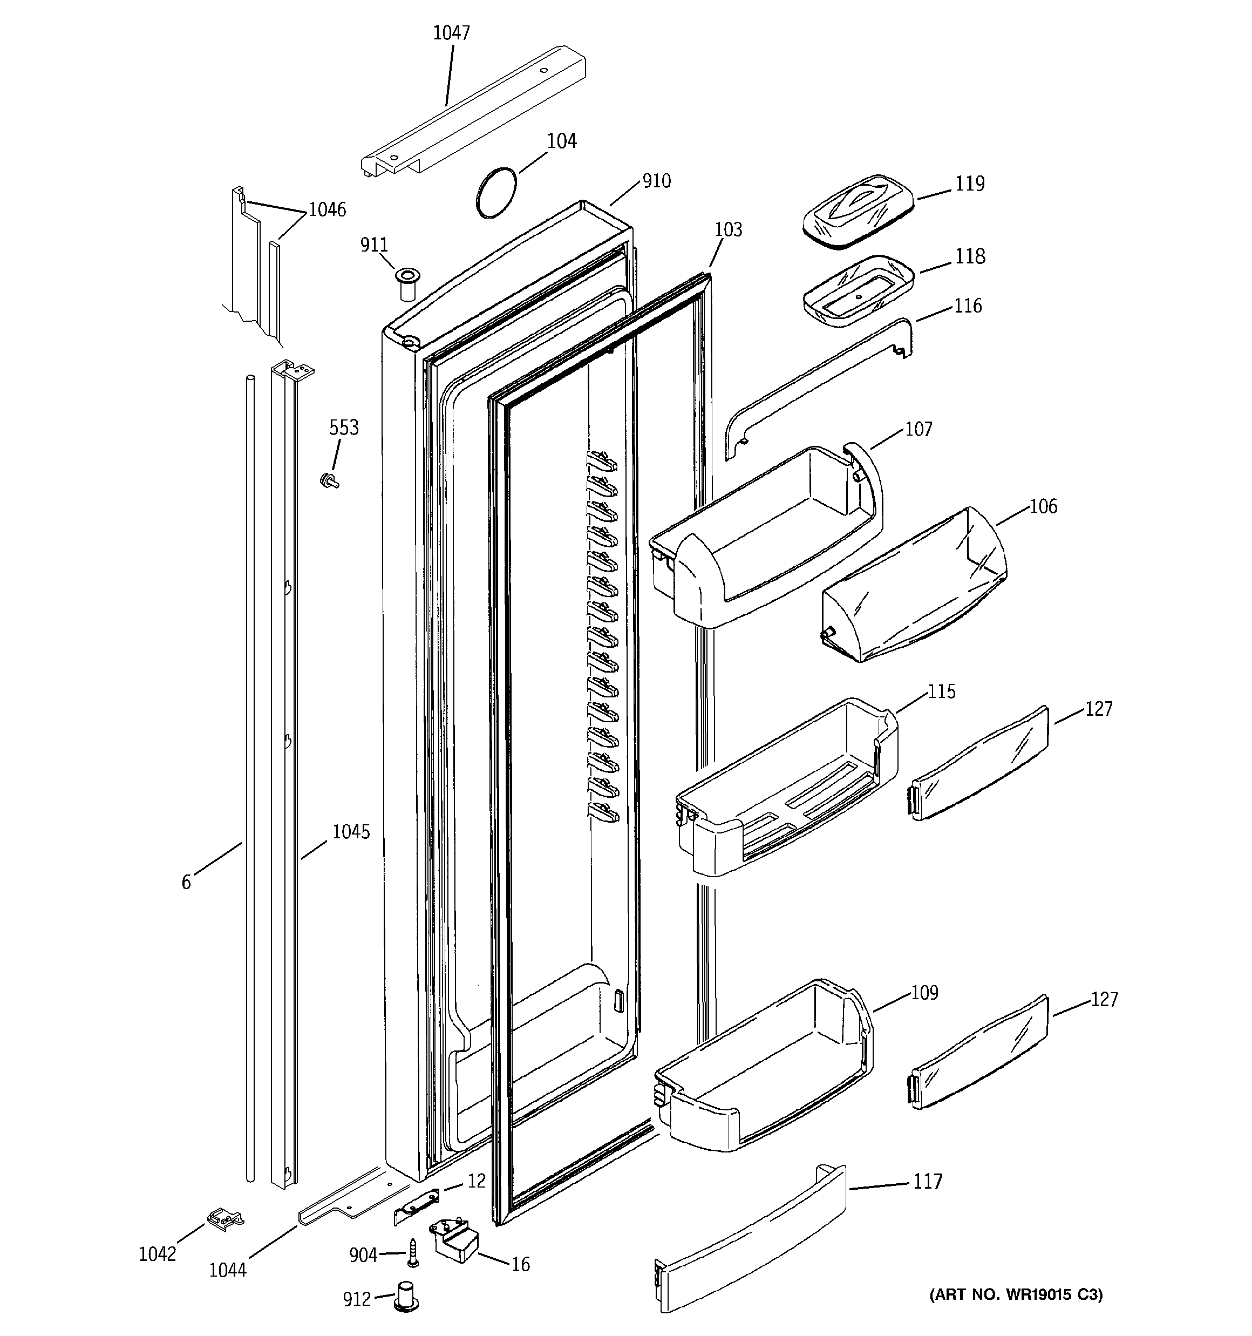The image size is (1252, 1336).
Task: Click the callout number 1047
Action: coord(451,33)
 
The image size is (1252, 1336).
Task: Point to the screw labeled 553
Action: coord(329,480)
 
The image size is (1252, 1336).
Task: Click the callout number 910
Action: coord(656,181)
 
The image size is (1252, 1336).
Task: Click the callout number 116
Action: coord(968,306)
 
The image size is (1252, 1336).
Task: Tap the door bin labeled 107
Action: coord(766,538)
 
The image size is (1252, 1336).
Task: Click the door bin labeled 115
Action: coord(786,790)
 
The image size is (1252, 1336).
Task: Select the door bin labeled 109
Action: coord(766,1069)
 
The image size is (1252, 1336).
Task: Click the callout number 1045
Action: coord(351,832)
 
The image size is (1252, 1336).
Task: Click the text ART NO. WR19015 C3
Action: coord(1016,1294)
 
